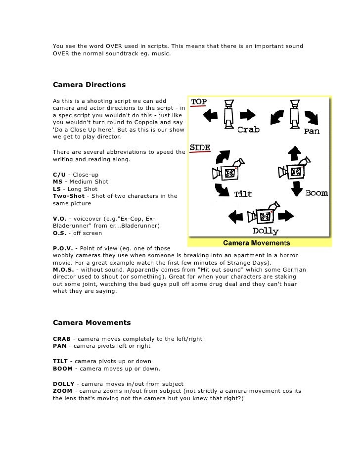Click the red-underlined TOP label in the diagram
pos(199,102)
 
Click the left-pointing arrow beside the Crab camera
pos(211,116)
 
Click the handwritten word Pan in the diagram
pos(312,132)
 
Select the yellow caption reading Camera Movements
pos(256,243)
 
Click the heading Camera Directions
pos(89,85)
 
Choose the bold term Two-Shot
pos(69,196)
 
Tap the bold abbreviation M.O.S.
pos(64,270)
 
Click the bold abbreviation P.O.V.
pos(63,248)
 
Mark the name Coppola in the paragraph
pos(145,122)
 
